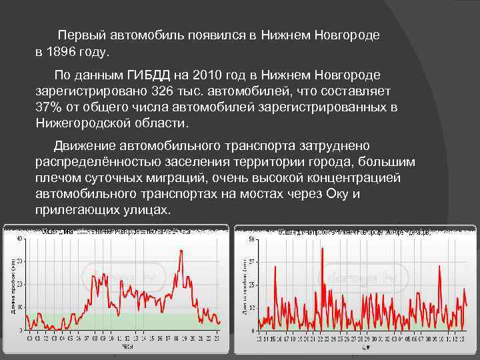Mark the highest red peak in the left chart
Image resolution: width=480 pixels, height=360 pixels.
pos(181,251)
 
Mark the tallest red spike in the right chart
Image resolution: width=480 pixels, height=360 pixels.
pos(322,249)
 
